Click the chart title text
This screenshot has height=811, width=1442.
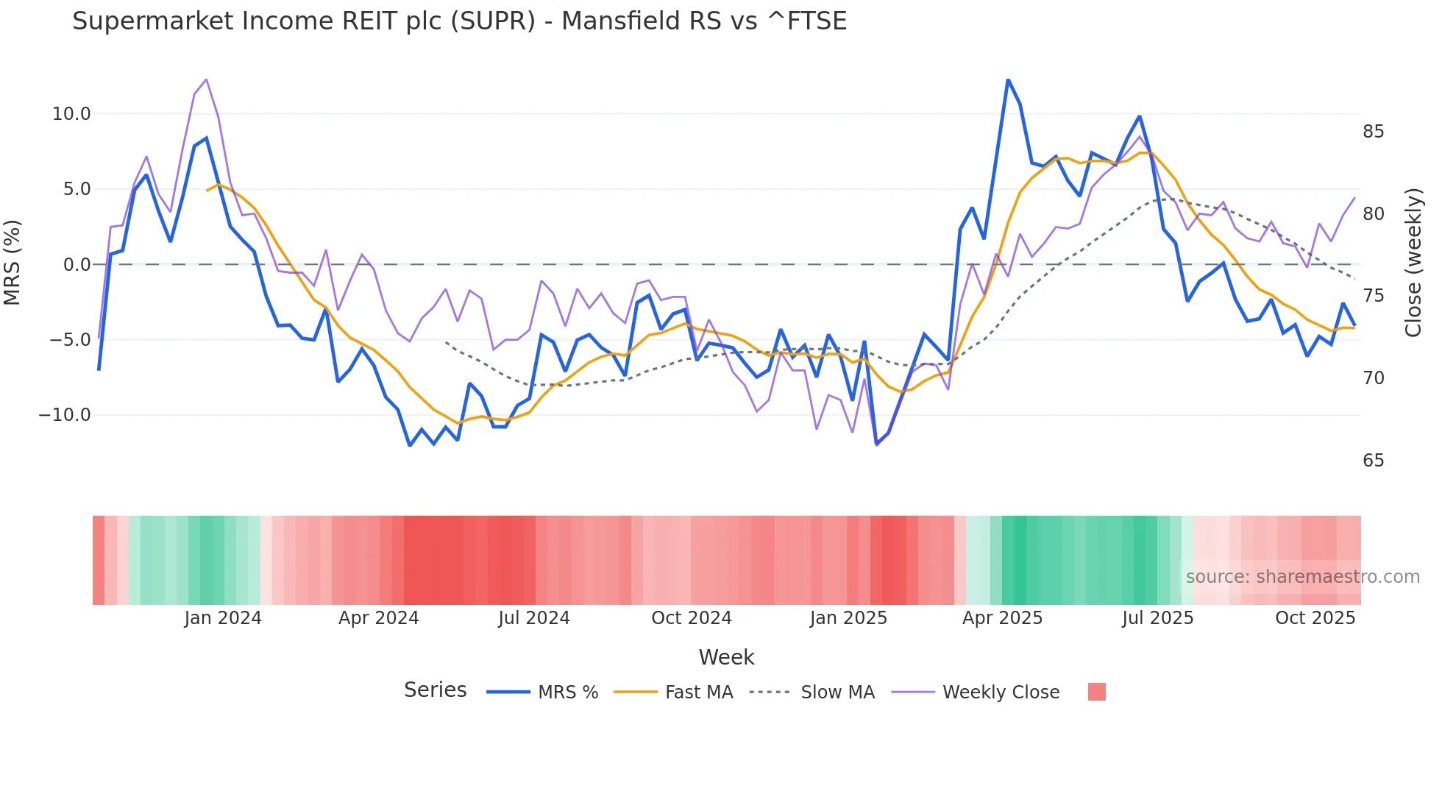click(x=459, y=21)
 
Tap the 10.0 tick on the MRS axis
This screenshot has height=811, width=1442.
click(x=71, y=114)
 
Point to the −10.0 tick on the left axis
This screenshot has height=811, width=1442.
click(x=65, y=415)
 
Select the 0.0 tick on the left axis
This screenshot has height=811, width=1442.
click(x=77, y=265)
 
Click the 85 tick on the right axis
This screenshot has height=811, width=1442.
click(x=1373, y=132)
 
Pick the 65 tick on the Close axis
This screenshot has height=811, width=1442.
click(x=1373, y=461)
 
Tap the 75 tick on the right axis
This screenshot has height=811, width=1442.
click(x=1373, y=296)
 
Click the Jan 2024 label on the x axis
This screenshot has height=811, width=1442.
click(x=223, y=618)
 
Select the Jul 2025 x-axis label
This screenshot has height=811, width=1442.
click(x=1157, y=618)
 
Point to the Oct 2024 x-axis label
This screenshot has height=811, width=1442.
click(x=691, y=618)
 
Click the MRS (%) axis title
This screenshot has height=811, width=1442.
click(x=13, y=263)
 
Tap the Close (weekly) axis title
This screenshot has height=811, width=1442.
click(x=1413, y=263)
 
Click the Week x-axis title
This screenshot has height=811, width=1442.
click(x=726, y=657)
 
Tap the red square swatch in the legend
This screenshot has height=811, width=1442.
click(x=1096, y=692)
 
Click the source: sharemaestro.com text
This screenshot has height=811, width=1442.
click(x=1302, y=577)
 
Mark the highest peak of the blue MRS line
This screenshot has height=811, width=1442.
click(x=1008, y=79)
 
